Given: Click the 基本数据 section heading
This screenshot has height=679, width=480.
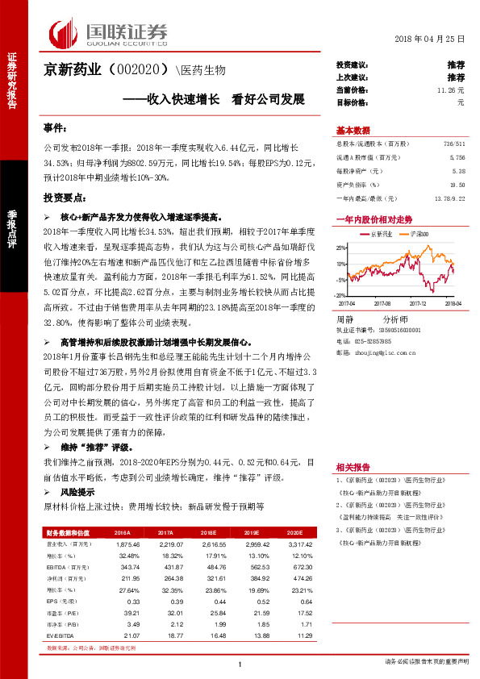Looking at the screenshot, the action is click(353, 131).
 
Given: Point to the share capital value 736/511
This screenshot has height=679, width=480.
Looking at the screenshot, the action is click(454, 143).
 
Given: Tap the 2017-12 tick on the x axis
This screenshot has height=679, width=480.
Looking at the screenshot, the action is click(418, 303).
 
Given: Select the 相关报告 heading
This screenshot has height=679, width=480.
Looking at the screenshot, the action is click(353, 466).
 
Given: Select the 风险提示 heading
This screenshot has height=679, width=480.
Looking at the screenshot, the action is click(77, 491).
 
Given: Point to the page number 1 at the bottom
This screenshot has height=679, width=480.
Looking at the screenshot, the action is click(240, 664).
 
